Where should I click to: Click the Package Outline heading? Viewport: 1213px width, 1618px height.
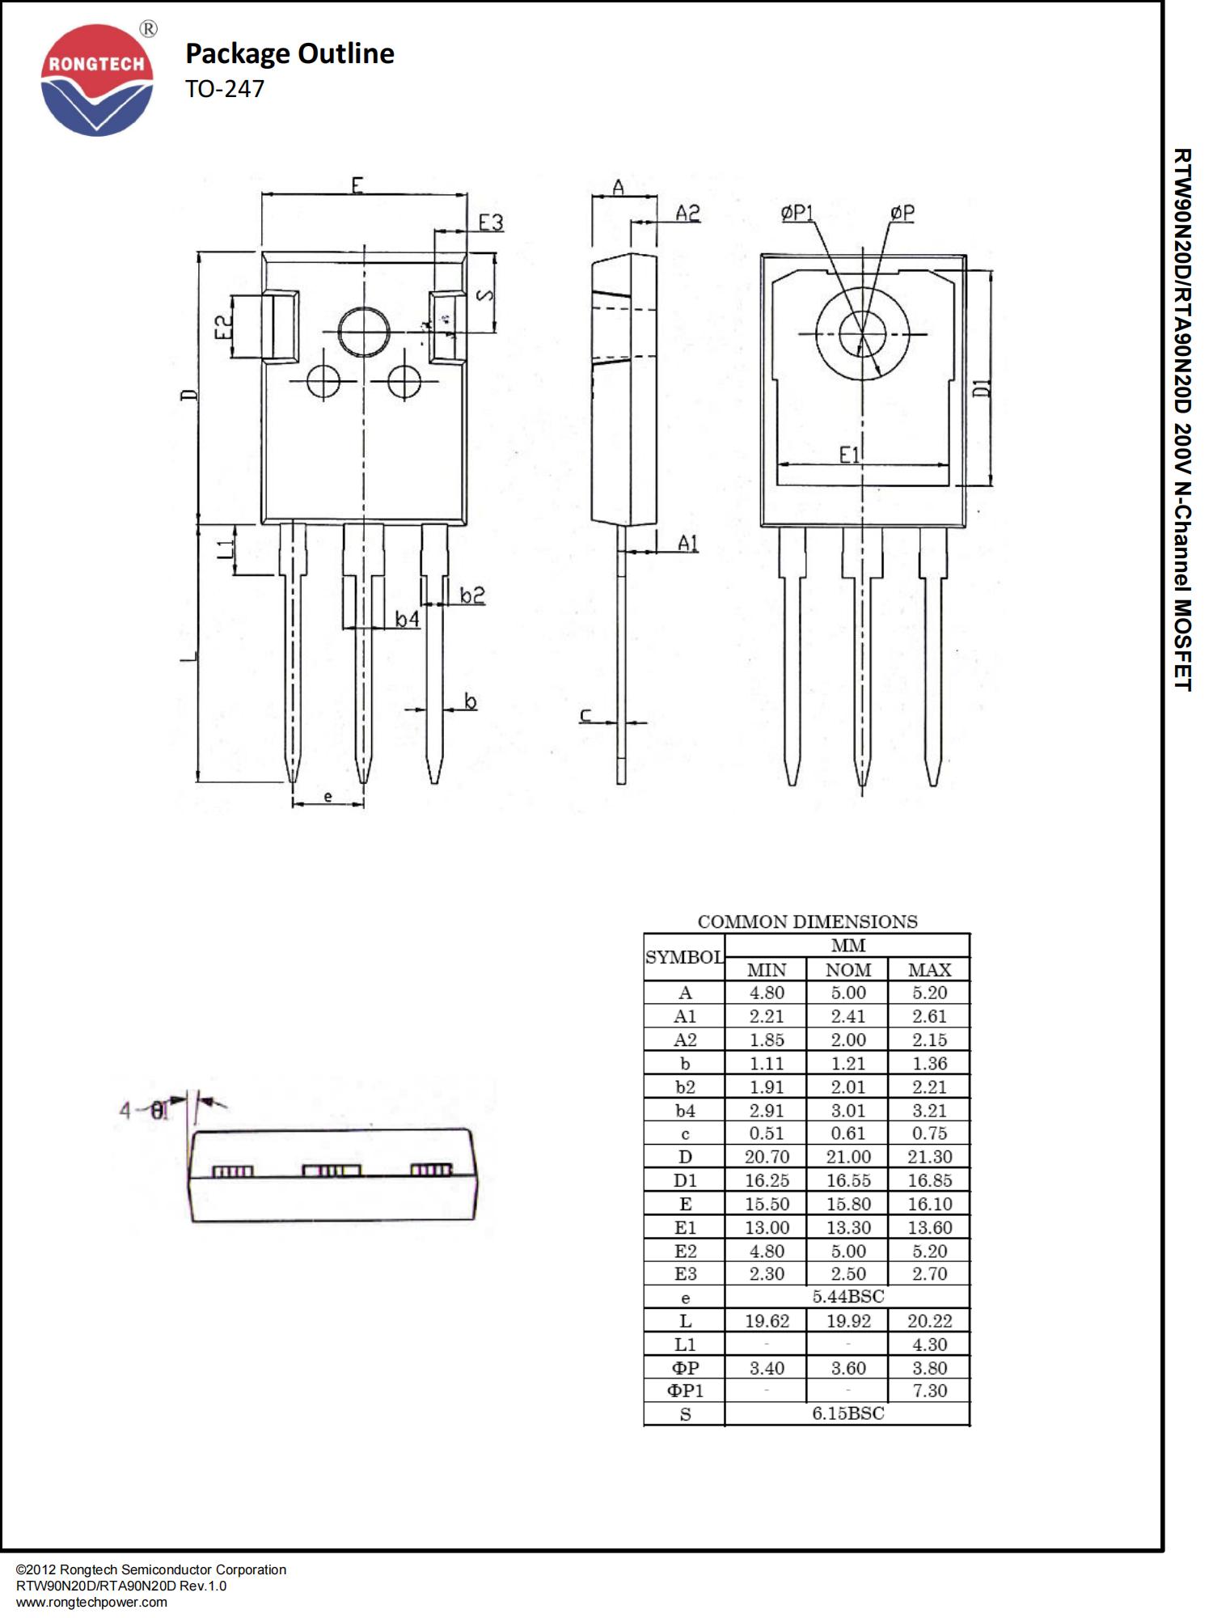point(290,53)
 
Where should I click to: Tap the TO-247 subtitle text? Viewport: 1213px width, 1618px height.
point(225,89)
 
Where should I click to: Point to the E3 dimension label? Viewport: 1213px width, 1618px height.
point(491,222)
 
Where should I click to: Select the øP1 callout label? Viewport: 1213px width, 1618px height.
point(797,213)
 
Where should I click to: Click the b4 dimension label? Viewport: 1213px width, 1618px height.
point(408,619)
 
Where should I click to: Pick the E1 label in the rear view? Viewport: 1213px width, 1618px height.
point(850,455)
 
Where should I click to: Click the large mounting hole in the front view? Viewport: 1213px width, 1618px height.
point(364,332)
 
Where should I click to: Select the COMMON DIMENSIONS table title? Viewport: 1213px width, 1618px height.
point(807,921)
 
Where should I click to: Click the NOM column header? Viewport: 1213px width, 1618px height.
point(847,970)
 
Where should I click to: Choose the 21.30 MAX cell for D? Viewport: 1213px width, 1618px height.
point(929,1157)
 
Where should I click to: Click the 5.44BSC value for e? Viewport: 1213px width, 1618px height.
point(847,1297)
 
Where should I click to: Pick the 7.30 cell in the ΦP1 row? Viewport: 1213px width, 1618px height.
point(929,1391)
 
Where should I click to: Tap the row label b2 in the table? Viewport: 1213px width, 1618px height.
point(685,1087)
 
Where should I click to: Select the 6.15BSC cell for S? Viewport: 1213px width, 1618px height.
point(847,1413)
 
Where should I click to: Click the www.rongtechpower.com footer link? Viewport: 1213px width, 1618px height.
point(91,1602)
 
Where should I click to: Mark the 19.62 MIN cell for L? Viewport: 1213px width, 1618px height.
point(767,1321)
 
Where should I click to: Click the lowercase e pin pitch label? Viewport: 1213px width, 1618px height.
point(328,797)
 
